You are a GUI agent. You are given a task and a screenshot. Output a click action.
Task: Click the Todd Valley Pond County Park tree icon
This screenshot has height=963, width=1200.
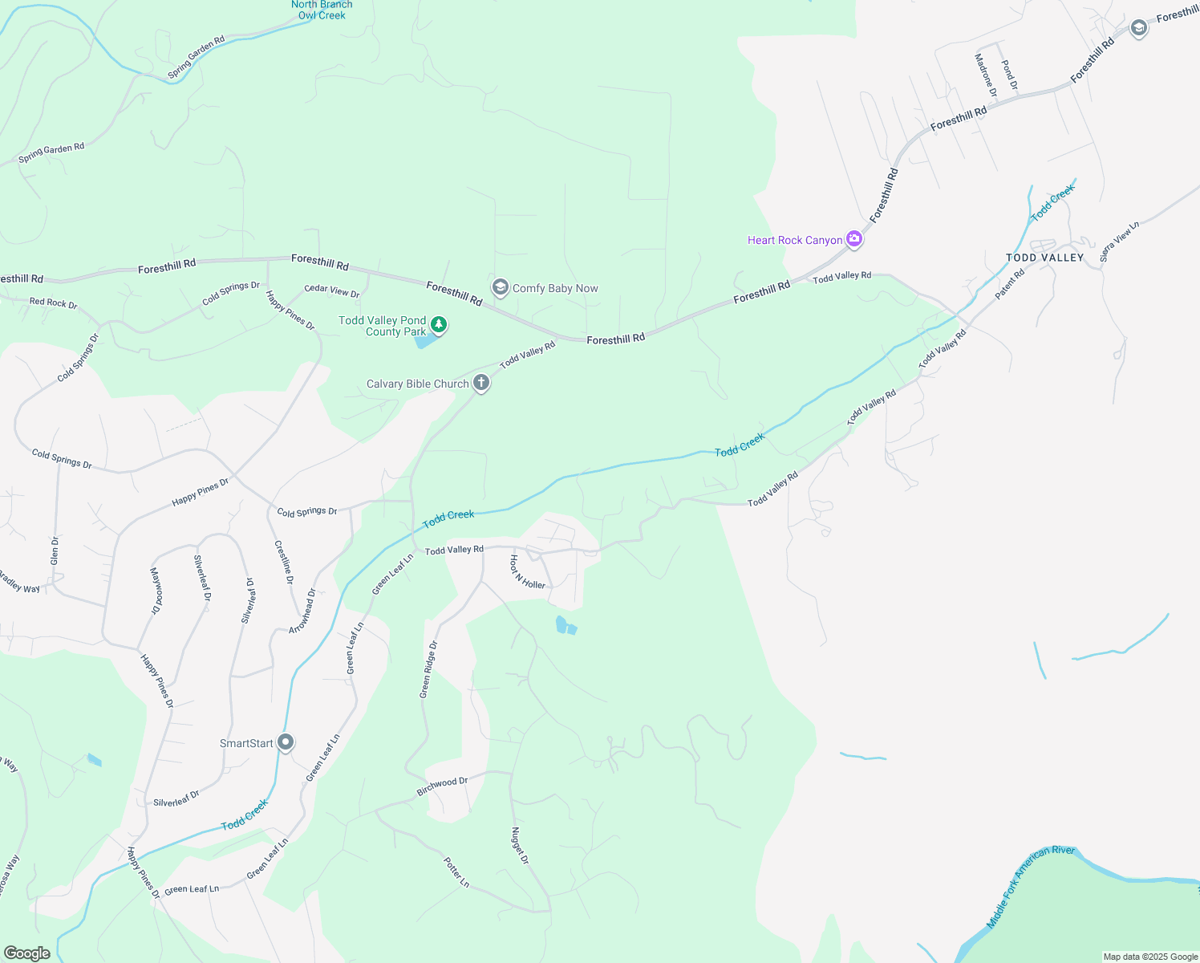pos(439,325)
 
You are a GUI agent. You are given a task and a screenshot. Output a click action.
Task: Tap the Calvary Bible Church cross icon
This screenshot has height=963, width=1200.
pos(481,383)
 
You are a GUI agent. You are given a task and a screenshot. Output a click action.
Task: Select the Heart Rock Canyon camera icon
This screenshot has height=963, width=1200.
pos(854,238)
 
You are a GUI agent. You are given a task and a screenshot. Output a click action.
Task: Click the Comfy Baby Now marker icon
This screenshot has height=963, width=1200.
pos(501,287)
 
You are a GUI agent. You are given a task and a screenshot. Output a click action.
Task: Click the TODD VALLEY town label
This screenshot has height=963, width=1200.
pos(1044,258)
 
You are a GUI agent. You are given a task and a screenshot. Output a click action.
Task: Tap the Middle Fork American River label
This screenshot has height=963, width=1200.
pos(1030,886)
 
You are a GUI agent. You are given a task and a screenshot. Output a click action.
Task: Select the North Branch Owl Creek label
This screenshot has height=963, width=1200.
pos(322,10)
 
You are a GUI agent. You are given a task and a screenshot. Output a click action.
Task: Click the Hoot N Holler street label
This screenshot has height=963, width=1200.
pos(527,571)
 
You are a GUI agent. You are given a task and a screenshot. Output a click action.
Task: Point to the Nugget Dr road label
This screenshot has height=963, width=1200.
pos(521,846)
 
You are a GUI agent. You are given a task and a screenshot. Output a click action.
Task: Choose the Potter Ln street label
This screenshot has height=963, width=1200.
pos(456,872)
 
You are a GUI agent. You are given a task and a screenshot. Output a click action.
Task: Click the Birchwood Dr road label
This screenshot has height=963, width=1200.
pos(442,786)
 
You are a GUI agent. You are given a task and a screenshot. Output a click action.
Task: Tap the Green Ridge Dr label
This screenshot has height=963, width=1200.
pos(428,668)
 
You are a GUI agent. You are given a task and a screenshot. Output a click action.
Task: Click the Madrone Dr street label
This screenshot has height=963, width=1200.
pos(985,75)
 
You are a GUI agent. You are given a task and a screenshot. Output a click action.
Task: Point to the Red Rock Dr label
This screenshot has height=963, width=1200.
pos(53,303)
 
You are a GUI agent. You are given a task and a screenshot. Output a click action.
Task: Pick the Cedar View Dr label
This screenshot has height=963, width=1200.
pos(332,291)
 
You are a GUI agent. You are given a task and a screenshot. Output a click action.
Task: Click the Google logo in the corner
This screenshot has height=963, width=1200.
pos(27,953)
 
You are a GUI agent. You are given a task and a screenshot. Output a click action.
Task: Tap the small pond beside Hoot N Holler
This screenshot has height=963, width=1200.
pos(565,624)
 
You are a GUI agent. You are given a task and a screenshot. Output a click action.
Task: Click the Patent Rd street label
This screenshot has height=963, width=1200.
pos(1010,284)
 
